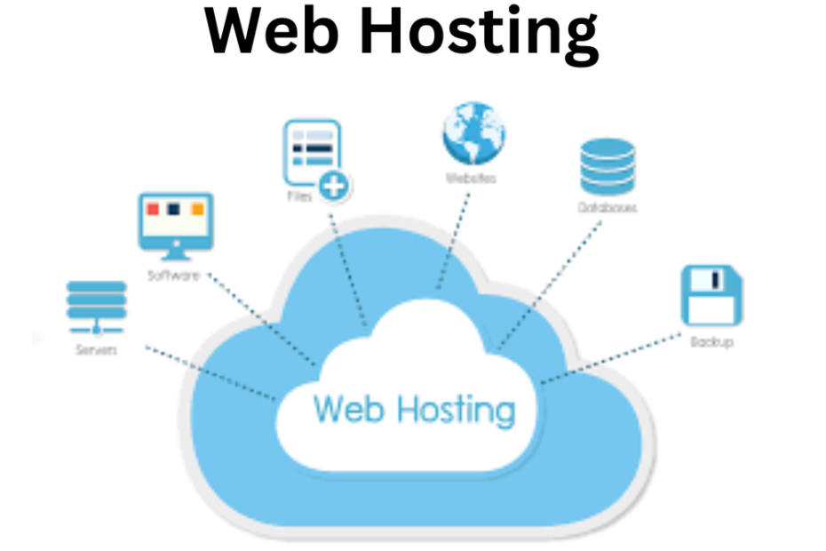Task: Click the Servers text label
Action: (96, 349)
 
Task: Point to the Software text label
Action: (172, 275)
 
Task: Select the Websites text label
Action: (471, 178)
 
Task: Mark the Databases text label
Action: (607, 208)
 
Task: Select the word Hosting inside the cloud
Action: (454, 411)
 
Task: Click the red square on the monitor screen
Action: (153, 209)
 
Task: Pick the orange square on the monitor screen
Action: (197, 209)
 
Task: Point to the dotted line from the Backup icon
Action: (613, 360)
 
